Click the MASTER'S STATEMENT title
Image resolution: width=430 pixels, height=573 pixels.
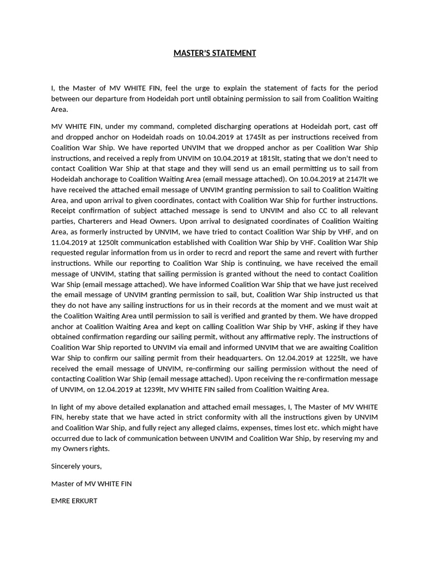click(x=214, y=53)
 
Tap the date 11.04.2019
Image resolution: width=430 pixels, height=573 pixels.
click(x=69, y=242)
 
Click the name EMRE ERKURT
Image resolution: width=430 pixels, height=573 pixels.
click(x=74, y=500)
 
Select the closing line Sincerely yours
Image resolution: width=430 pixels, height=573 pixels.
click(x=76, y=466)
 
